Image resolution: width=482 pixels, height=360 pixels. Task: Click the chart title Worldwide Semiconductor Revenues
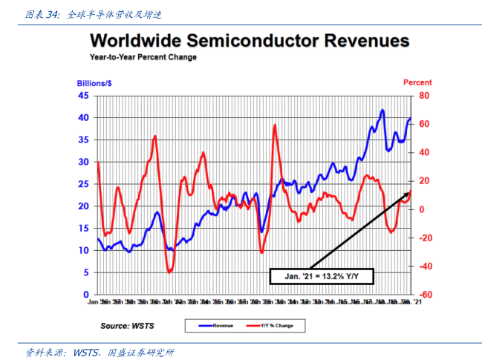pos(250,42)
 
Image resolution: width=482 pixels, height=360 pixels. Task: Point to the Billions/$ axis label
pos(94,83)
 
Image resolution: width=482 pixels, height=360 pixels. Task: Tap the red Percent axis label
pos(417,83)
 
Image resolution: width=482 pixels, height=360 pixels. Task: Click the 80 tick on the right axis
pos(424,96)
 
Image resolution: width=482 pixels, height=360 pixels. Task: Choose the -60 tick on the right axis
pos(423,295)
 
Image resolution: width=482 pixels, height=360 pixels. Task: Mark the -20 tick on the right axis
pos(423,238)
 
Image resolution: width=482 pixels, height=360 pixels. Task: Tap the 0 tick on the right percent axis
pos(421,209)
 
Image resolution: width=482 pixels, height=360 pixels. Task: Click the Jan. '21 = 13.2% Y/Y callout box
pos(322,276)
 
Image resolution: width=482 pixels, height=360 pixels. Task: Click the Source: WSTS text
pos(127,325)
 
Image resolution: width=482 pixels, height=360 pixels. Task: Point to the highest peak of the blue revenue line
pos(382,111)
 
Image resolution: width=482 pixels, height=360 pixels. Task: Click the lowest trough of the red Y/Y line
pos(170,272)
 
